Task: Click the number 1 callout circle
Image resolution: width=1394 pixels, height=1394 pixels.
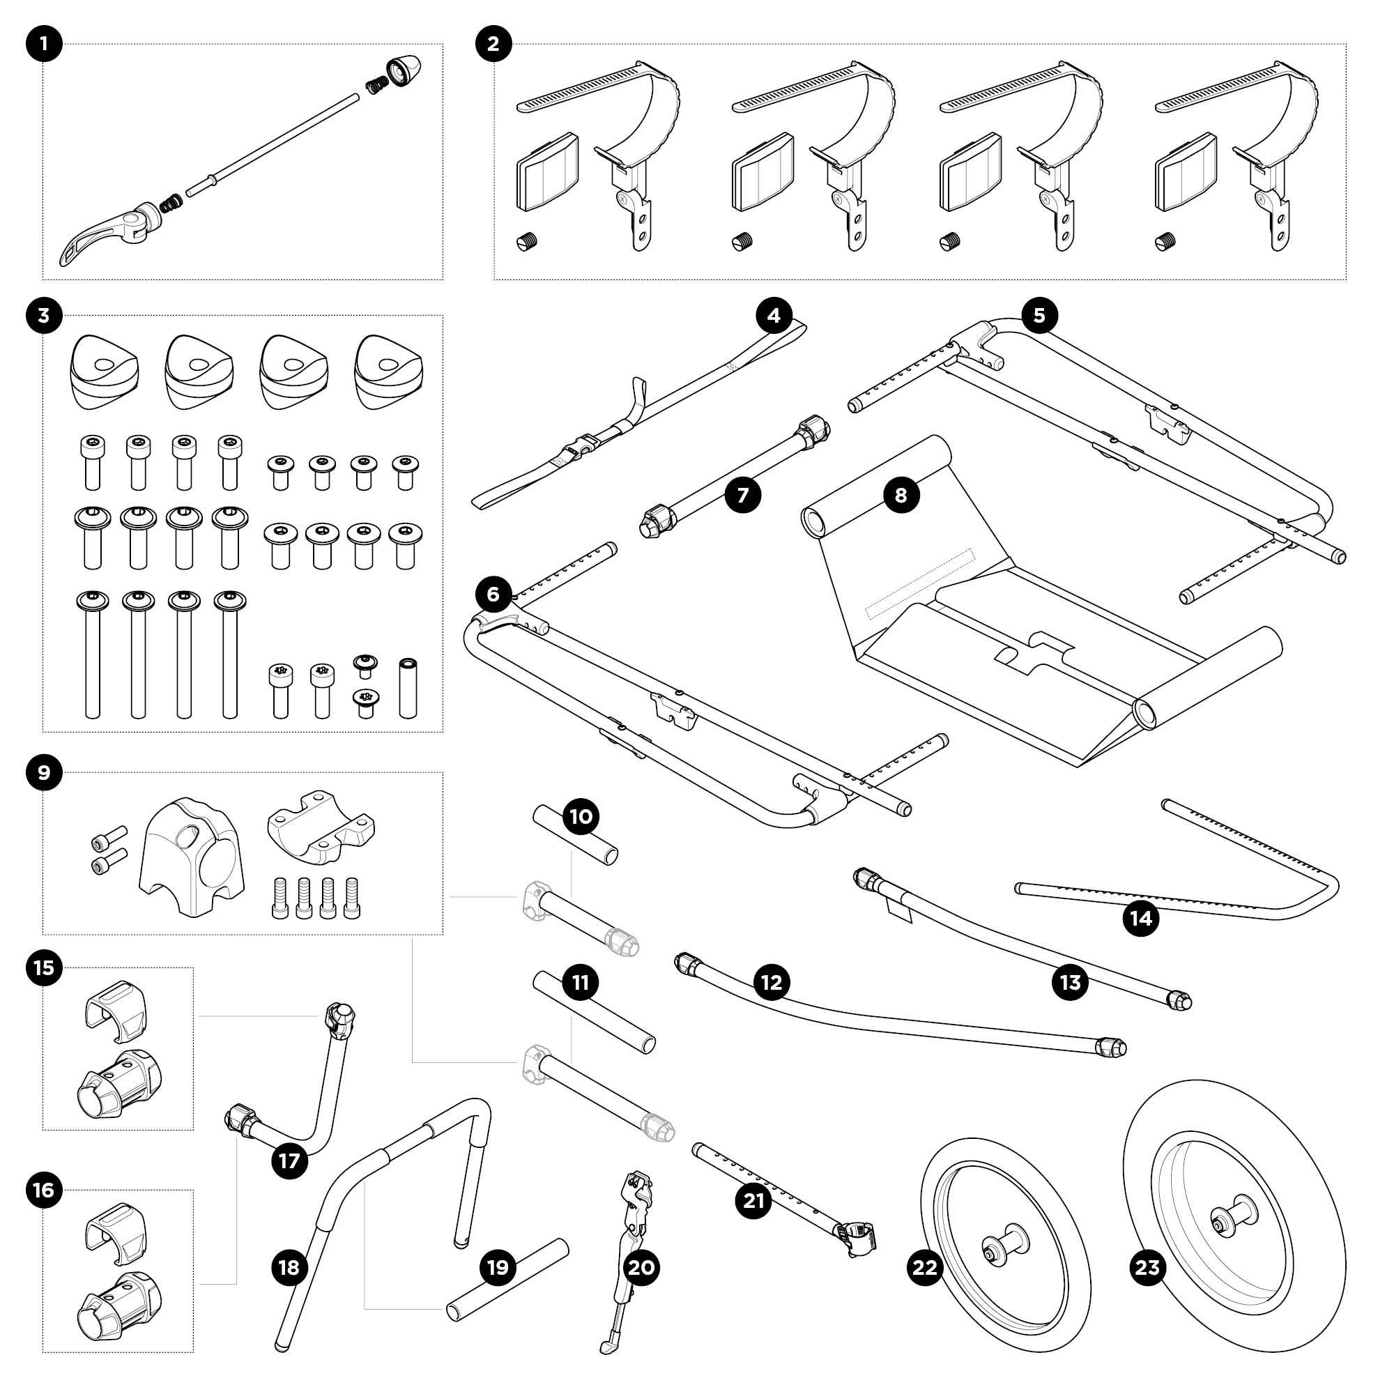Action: pos(44,44)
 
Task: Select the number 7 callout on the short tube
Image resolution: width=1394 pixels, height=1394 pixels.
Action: pos(742,495)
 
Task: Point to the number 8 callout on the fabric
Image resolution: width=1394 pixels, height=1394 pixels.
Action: pos(901,495)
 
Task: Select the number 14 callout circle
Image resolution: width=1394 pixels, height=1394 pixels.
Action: pos(1141,919)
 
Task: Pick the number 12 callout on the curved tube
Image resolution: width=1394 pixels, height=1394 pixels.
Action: pos(772,982)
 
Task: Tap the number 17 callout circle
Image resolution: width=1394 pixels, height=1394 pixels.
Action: pos(289,1161)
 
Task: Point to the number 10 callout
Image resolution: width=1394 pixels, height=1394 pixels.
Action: pos(581,816)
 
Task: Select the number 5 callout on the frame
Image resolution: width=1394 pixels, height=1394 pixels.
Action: pos(1039,315)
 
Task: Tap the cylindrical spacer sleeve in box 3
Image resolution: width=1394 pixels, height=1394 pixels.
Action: pos(408,688)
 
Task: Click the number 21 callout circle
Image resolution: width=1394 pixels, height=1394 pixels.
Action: pos(753,1202)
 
